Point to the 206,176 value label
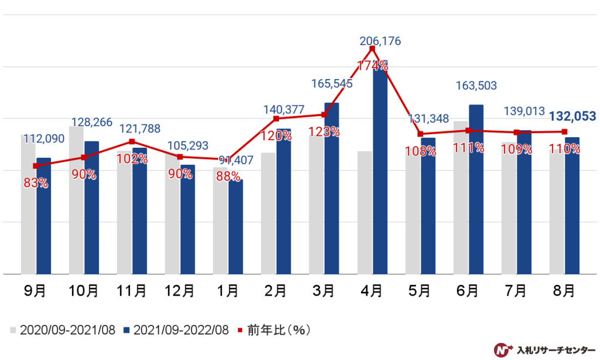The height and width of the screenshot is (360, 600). [380, 41]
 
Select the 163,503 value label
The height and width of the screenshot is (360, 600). [476, 86]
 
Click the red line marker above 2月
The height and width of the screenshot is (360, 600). [276, 119]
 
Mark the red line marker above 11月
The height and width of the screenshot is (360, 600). [132, 142]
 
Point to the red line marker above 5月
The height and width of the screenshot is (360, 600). [420, 134]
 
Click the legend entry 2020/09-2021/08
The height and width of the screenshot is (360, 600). [62, 330]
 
